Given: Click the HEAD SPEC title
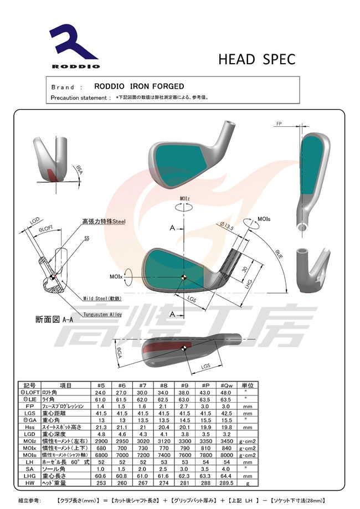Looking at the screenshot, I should [x=256, y=59].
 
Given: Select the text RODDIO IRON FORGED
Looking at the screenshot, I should [x=139, y=86].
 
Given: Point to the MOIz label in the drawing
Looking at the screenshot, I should [x=185, y=198].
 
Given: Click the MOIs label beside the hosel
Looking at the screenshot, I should [x=264, y=219].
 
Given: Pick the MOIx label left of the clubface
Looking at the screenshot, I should [x=116, y=276].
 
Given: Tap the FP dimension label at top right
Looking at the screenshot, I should [x=279, y=124].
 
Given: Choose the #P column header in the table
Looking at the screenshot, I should [x=205, y=385].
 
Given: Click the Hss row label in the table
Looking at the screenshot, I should [x=30, y=427].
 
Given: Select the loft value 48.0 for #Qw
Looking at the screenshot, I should [x=226, y=392].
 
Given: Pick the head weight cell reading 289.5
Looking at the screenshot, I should [x=226, y=483].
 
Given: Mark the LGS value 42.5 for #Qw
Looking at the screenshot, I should [x=226, y=413].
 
